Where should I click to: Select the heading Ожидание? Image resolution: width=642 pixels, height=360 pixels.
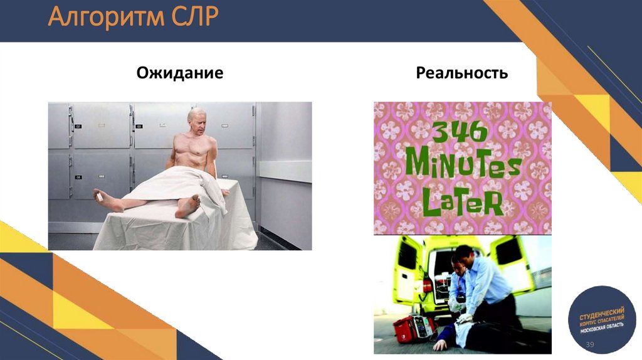[180, 74]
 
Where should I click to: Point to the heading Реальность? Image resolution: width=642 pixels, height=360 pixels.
[462, 74]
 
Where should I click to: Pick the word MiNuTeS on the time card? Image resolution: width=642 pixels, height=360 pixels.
[463, 166]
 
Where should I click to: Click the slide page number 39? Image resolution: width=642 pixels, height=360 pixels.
[589, 347]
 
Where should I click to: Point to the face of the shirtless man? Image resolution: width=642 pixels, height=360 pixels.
[197, 122]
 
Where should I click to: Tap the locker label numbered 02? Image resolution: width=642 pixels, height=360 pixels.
[78, 127]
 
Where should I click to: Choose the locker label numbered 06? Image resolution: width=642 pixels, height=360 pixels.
[78, 178]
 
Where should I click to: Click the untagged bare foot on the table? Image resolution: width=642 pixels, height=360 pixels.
[188, 205]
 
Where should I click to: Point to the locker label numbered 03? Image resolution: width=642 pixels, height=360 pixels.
[139, 127]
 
